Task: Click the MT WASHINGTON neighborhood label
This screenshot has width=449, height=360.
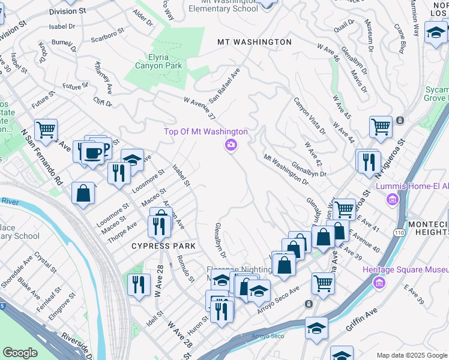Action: point(255,42)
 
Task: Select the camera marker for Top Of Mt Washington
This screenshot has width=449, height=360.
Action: point(231,145)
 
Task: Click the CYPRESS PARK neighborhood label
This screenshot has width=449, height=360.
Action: point(165,246)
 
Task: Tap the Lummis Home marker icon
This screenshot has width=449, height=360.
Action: point(393,199)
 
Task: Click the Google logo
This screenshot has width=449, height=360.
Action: point(20,353)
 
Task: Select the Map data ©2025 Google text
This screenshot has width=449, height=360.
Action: point(412,355)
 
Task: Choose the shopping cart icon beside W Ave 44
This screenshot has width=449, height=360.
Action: point(381,127)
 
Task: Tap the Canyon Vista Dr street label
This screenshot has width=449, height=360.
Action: point(309,116)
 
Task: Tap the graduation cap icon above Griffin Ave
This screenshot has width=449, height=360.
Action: point(316,329)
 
